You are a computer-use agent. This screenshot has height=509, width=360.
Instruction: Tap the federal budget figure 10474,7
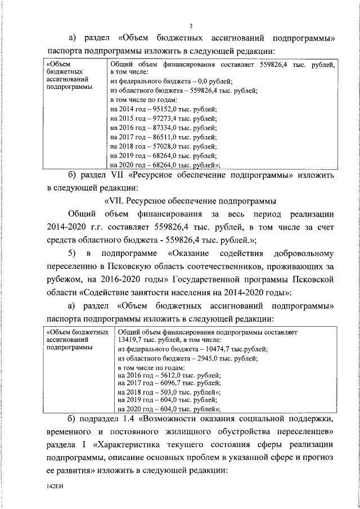click(x=219, y=349)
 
